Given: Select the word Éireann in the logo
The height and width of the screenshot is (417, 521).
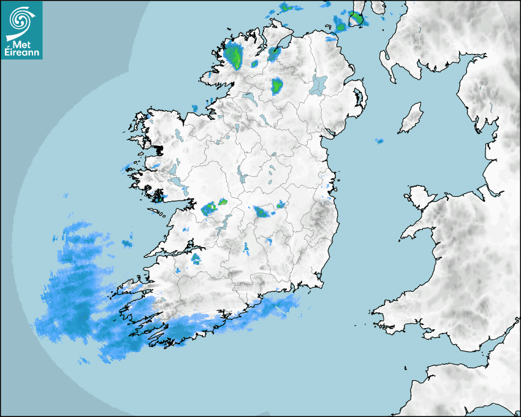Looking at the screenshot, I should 21,53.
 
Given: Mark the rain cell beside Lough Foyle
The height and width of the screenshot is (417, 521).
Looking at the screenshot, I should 273,53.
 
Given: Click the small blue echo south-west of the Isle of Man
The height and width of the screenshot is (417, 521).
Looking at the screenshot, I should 379,141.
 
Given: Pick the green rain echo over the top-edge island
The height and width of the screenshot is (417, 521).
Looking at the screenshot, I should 356,18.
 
